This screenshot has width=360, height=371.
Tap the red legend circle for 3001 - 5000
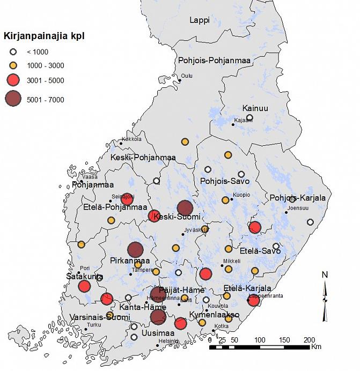(13, 80)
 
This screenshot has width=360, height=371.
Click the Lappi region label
(200, 20)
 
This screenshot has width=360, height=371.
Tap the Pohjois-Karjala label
(298, 198)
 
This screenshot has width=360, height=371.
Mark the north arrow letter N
(325, 275)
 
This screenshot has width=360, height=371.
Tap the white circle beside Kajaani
(249, 118)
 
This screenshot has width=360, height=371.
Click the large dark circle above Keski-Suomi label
(185, 207)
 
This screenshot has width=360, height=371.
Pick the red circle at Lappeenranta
(253, 300)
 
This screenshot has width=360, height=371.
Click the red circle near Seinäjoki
(127, 199)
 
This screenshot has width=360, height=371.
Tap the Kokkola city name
(131, 139)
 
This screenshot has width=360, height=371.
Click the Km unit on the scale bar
(317, 347)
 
